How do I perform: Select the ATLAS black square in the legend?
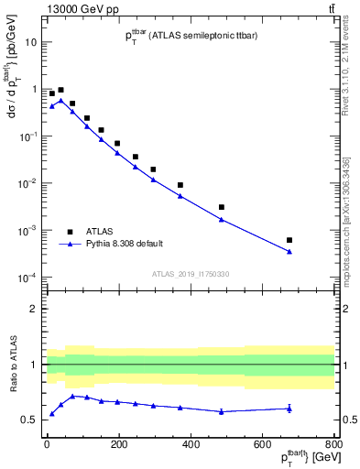[70, 232]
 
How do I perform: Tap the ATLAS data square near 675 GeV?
[289, 240]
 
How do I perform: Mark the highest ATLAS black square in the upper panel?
[60, 90]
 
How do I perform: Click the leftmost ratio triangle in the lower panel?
[51, 414]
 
